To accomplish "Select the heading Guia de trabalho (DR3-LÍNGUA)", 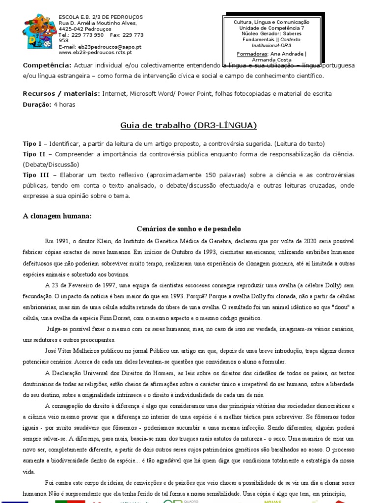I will click(x=188, y=126).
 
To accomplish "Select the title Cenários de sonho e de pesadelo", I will click(x=188, y=229).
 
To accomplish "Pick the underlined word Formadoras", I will click(x=252, y=54).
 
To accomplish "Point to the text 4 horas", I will click(x=65, y=104).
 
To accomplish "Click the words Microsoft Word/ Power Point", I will click(x=164, y=93).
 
